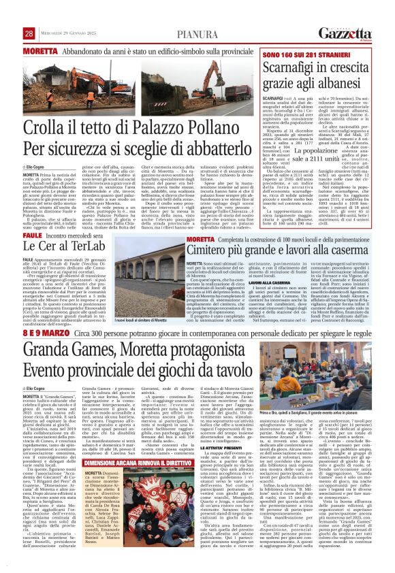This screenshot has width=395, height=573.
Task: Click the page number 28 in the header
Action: click(29, 33)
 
